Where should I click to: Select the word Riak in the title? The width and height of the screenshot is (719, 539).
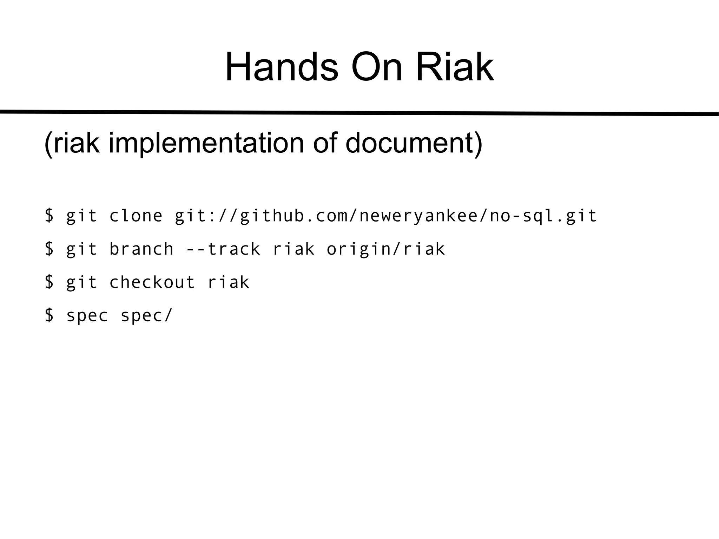click(x=455, y=67)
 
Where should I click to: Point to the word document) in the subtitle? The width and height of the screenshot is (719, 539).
click(x=414, y=143)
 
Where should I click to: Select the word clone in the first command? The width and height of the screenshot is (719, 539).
click(x=136, y=216)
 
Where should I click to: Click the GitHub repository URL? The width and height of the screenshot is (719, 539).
click(x=386, y=216)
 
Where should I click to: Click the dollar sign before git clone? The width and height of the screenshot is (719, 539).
click(x=50, y=216)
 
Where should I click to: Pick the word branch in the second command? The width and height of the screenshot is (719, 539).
click(x=141, y=249)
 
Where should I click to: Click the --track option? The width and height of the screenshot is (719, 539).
click(x=223, y=249)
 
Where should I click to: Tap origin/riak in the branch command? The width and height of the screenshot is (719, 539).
click(x=386, y=249)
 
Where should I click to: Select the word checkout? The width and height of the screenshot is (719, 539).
click(x=152, y=282)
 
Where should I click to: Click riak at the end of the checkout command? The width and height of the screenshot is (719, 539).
click(x=229, y=282)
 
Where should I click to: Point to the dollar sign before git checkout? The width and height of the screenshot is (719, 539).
click(x=50, y=282)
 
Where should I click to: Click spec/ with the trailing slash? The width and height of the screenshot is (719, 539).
click(x=147, y=315)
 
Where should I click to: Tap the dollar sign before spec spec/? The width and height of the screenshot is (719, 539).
click(x=50, y=315)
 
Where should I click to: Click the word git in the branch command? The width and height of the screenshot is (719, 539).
click(x=81, y=249)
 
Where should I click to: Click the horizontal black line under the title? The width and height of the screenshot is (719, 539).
click(x=359, y=113)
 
